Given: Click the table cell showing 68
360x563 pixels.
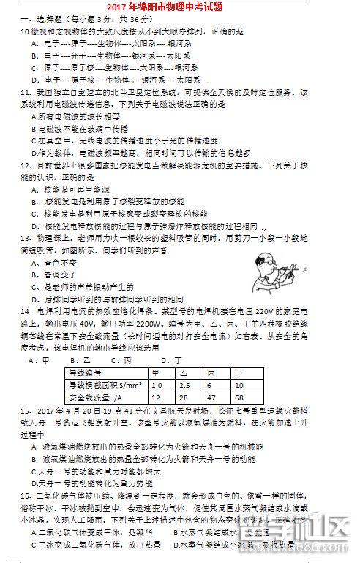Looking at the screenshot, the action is click(239, 398).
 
